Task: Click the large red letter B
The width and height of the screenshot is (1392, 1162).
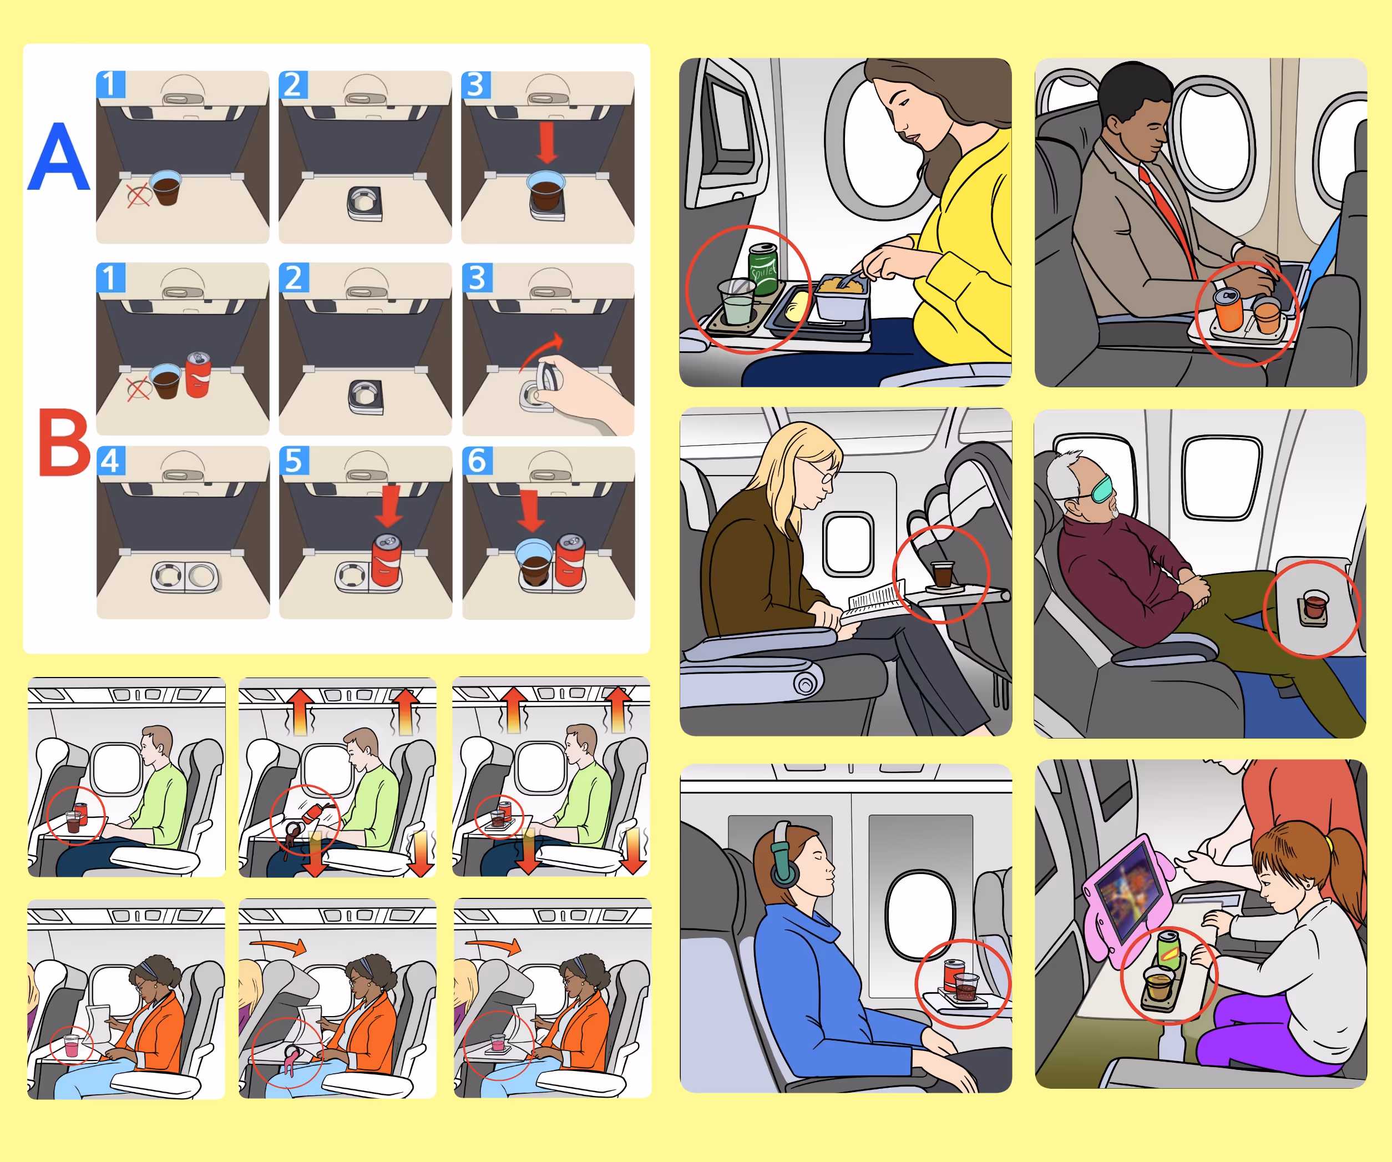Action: [x=64, y=442]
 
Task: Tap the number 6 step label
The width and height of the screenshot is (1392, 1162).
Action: [x=477, y=461]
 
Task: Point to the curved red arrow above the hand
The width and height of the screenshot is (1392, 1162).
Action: [x=540, y=351]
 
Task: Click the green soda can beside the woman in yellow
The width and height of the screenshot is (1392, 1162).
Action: [x=763, y=269]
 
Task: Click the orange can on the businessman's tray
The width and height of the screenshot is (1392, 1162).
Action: [x=1228, y=309]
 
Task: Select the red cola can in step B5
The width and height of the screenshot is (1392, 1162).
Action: [x=387, y=560]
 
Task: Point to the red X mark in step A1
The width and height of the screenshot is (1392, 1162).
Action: [x=139, y=195]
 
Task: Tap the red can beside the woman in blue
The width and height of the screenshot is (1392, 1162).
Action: [x=953, y=975]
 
